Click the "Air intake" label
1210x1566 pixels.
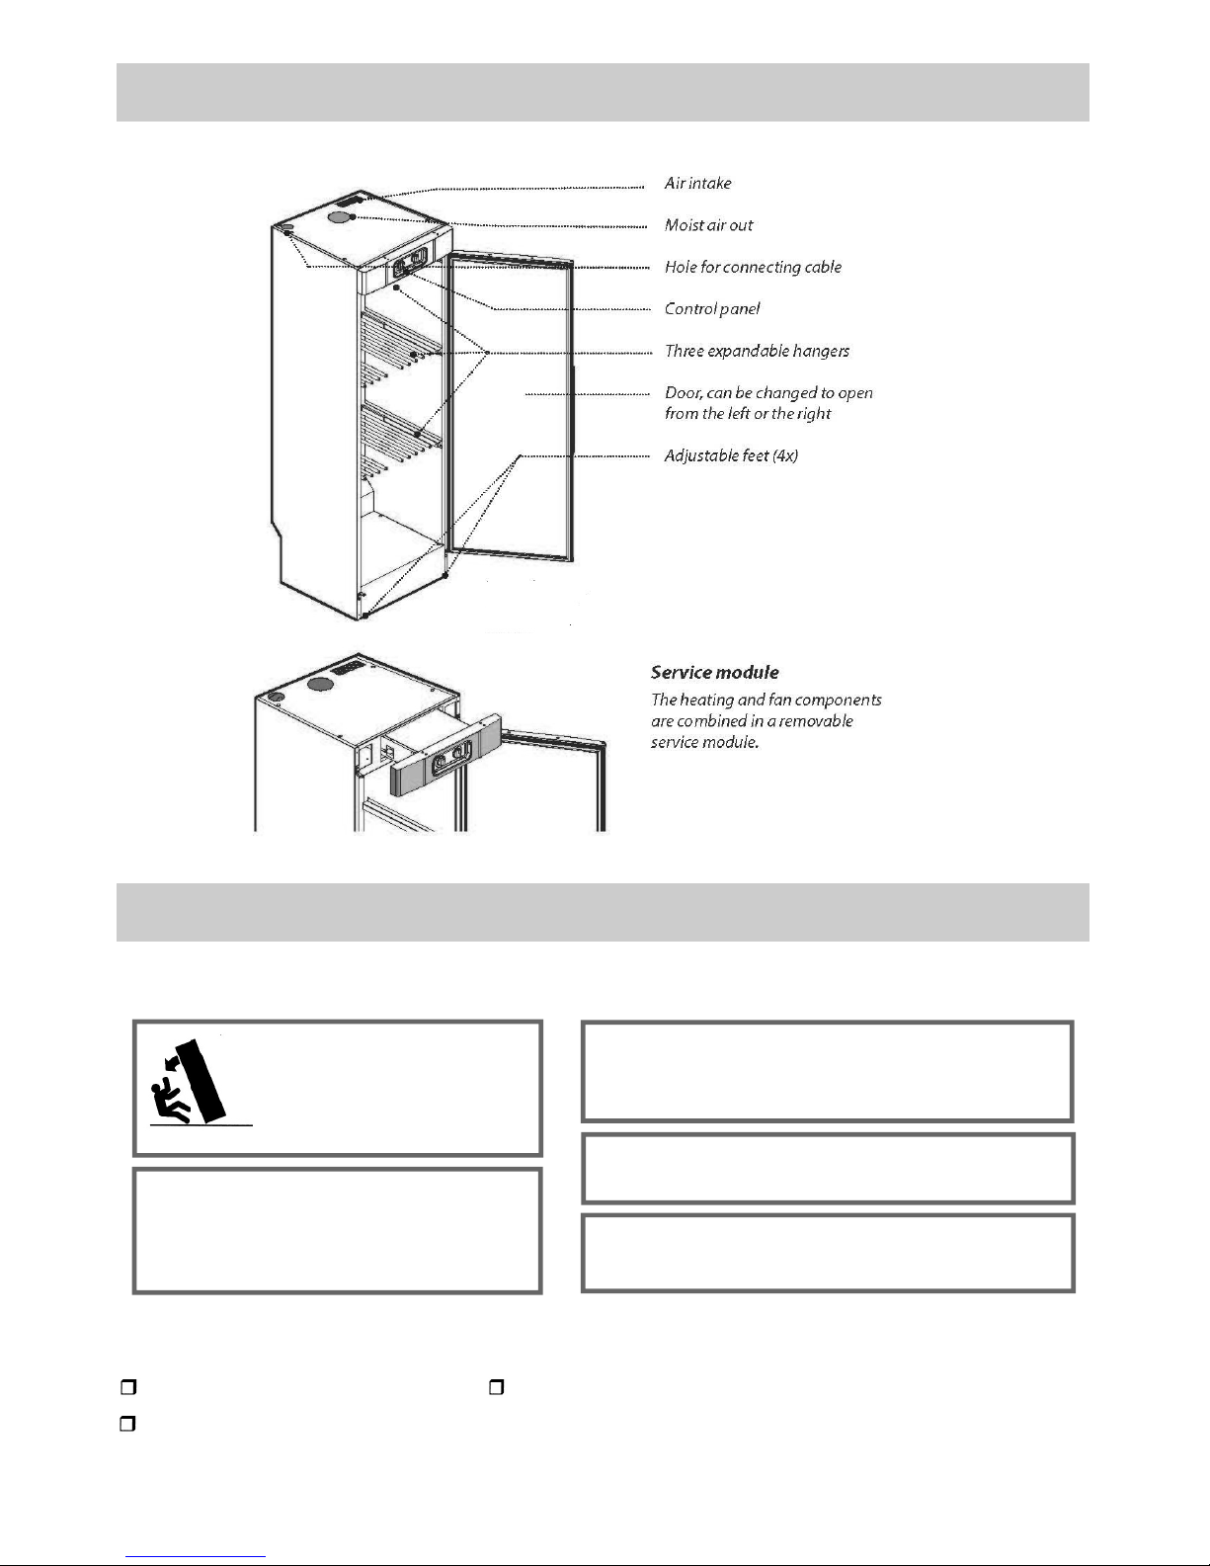click(x=697, y=184)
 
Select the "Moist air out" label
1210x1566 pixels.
click(x=708, y=225)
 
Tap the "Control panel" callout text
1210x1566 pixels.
click(x=712, y=309)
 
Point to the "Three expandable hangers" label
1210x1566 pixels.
click(x=757, y=351)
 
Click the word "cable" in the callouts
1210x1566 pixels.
click(x=822, y=267)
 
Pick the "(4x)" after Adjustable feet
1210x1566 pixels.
click(x=785, y=455)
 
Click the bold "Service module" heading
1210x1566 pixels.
click(x=714, y=673)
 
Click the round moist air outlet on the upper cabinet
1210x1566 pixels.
click(x=339, y=216)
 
